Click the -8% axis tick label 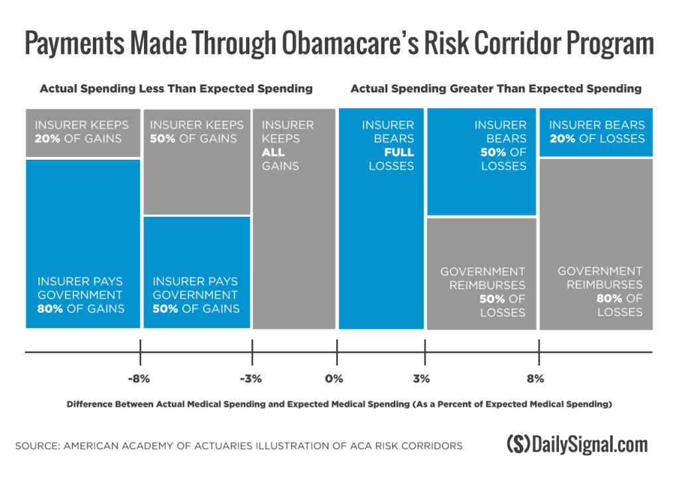[140, 379]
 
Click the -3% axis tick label [251, 379]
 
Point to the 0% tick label [334, 379]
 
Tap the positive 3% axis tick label [421, 379]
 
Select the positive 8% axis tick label [535, 379]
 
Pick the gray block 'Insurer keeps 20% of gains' [83, 133]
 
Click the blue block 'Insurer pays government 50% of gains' [197, 272]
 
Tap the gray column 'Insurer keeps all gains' [293, 219]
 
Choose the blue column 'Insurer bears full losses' [381, 219]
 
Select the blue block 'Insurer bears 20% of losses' [596, 133]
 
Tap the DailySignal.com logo [576, 444]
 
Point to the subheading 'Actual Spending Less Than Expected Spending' [176, 89]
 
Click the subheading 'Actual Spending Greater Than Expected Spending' [496, 89]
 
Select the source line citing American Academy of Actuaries [239, 446]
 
